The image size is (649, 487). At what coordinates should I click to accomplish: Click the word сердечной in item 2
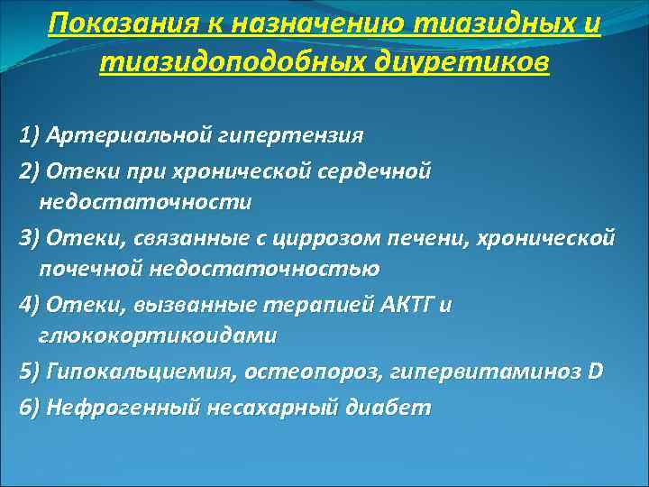379,170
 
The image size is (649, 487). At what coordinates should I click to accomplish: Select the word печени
430,237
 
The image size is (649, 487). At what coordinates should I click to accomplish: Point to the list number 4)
29,304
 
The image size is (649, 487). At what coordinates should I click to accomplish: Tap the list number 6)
29,407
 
